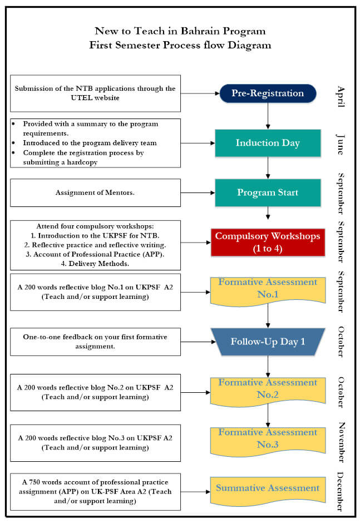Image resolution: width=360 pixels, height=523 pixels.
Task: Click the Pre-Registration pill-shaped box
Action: (x=268, y=93)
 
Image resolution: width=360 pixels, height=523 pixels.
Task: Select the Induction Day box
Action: (x=268, y=143)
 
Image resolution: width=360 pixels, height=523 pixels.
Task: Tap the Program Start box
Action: (x=268, y=193)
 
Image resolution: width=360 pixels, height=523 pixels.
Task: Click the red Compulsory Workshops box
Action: (x=268, y=242)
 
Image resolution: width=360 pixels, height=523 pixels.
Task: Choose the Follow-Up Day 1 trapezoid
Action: (x=268, y=342)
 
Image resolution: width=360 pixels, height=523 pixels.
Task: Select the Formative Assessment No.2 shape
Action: (x=268, y=389)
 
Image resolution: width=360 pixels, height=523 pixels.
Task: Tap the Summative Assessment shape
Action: (x=268, y=489)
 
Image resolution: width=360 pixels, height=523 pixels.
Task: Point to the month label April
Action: (x=341, y=96)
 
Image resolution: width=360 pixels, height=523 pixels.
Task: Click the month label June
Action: (x=341, y=143)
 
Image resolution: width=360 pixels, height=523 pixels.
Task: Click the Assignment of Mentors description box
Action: (x=95, y=193)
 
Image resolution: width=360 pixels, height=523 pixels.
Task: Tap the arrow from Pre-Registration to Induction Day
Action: (x=268, y=116)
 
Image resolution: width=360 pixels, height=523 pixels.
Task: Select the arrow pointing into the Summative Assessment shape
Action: (x=195, y=492)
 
